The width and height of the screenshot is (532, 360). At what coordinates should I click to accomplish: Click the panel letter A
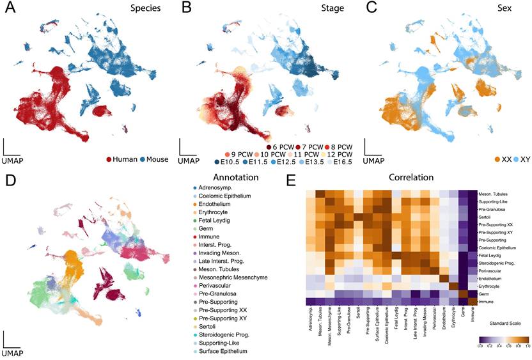coord(12,9)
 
